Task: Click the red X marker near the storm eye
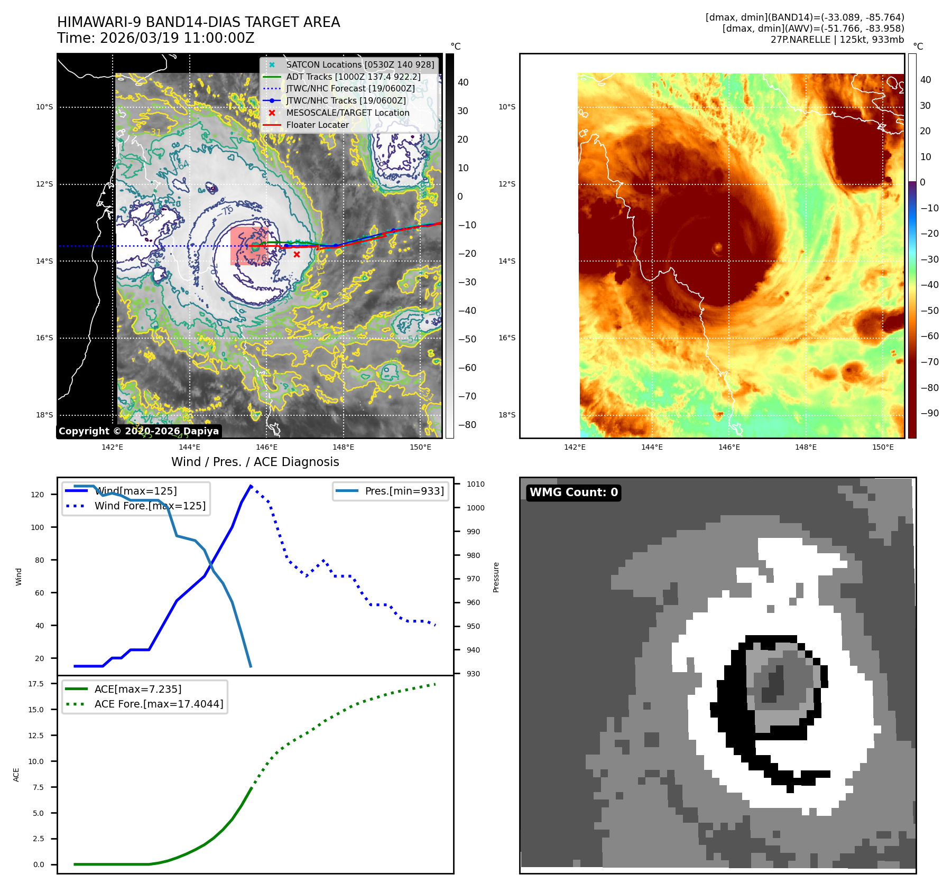coord(297,254)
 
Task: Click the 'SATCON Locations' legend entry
coord(359,64)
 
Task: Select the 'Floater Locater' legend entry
coord(317,125)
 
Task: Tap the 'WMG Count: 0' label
coord(574,492)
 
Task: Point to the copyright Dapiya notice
coord(138,431)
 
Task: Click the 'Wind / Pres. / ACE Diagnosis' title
coord(255,462)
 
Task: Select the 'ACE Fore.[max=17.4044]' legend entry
coord(159,704)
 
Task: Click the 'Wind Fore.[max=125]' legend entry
coord(150,506)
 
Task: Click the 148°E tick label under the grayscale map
coord(343,447)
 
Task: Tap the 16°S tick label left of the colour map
coord(506,338)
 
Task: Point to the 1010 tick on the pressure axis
coord(475,484)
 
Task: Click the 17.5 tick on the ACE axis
coord(36,684)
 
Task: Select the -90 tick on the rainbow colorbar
coord(929,413)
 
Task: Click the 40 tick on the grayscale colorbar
coord(463,82)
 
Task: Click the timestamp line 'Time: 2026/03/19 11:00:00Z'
coord(156,38)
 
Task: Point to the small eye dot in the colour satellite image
coord(717,247)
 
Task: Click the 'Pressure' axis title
coord(496,577)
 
